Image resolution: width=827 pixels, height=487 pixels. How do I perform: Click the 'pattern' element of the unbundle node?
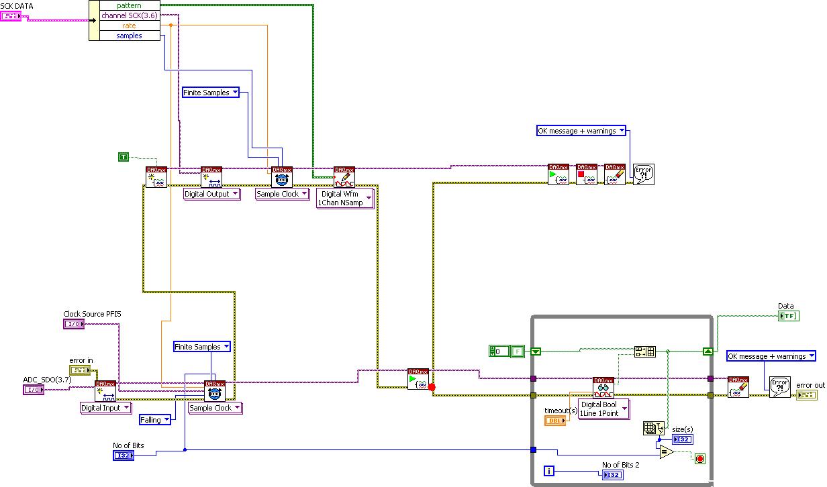pos(130,5)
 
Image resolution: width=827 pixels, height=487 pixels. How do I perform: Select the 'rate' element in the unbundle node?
pos(130,25)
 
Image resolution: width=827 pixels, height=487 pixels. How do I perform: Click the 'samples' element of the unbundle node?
pos(130,36)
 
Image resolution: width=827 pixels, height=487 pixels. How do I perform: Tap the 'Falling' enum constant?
pos(154,420)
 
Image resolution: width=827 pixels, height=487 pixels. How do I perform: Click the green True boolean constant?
pos(123,157)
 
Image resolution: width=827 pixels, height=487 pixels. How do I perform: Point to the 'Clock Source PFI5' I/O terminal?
pos(73,324)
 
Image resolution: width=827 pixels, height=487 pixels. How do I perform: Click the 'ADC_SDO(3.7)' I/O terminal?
pos(34,390)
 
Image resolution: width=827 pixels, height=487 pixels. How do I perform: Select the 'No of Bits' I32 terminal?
pos(124,455)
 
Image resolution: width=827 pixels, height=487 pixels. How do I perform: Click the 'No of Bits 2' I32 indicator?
pos(613,475)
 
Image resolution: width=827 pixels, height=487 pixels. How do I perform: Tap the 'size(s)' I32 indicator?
pos(682,439)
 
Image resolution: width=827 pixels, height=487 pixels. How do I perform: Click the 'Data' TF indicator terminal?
pos(789,316)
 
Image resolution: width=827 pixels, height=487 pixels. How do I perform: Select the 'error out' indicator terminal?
pos(806,396)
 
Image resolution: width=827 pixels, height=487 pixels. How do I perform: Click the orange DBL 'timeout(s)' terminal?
pos(555,421)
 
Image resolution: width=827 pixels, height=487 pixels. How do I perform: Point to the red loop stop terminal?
pos(700,459)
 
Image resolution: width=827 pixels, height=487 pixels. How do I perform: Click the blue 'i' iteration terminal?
pos(549,471)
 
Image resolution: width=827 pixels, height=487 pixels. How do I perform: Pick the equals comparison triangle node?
pos(665,452)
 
